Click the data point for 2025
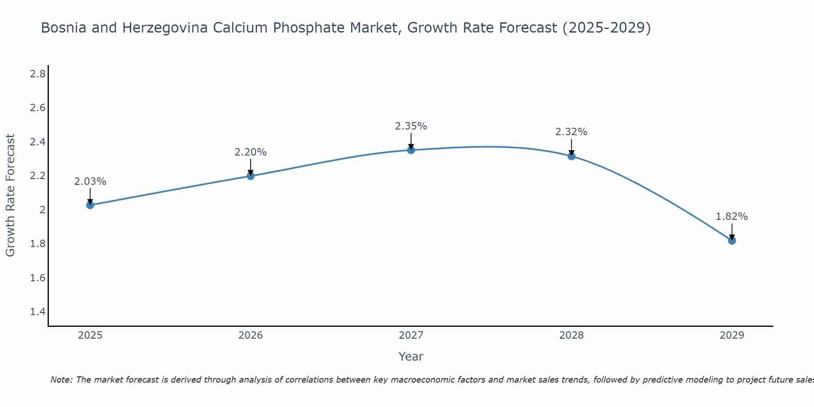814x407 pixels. (x=90, y=205)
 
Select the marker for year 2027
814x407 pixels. (x=411, y=150)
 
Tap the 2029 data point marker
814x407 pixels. (x=732, y=241)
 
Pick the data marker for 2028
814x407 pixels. (x=571, y=156)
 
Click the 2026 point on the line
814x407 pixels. (x=251, y=176)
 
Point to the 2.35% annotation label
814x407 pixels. (x=411, y=126)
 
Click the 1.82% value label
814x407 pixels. (x=732, y=217)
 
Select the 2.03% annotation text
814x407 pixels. (x=90, y=182)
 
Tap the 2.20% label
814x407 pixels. (x=251, y=152)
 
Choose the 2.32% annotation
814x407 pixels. (x=571, y=132)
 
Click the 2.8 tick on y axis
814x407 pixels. (x=38, y=74)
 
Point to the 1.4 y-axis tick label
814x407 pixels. (x=38, y=312)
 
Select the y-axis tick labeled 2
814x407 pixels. (x=42, y=210)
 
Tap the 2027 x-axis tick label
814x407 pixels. (x=411, y=335)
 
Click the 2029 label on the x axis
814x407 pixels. (x=732, y=335)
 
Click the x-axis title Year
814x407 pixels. (x=411, y=357)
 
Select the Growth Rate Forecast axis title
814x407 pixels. (x=11, y=195)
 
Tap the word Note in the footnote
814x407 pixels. (x=61, y=380)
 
